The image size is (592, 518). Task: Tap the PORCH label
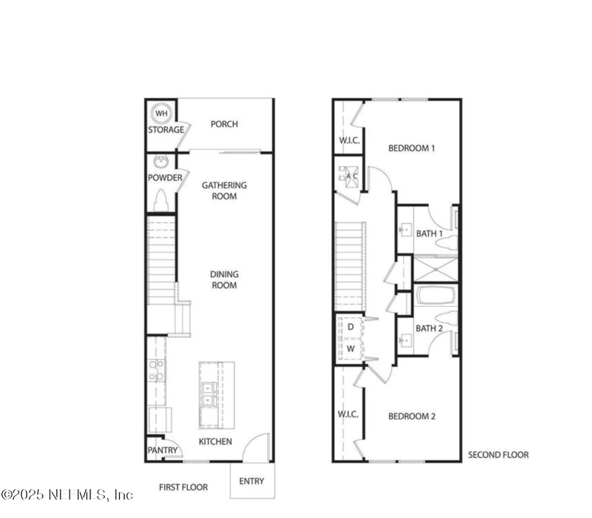(224, 124)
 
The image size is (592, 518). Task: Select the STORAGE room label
(165, 130)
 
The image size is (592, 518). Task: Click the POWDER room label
(165, 178)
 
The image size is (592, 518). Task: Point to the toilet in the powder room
(161, 201)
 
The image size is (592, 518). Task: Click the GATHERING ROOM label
(224, 190)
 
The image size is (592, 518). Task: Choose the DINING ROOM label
(224, 279)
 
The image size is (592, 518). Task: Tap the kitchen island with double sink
(216, 394)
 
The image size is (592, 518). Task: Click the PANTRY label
(162, 450)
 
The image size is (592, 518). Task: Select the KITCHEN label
(215, 442)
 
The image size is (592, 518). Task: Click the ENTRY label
(252, 481)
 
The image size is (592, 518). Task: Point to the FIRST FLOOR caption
(184, 487)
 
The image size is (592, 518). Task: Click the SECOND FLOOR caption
(498, 454)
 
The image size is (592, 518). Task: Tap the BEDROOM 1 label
(411, 148)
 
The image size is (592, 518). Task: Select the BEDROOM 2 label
(411, 416)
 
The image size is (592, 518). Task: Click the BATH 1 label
(428, 233)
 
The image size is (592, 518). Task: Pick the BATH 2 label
(428, 328)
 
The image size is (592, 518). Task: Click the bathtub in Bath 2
(435, 296)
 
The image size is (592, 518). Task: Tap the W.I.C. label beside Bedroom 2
(348, 414)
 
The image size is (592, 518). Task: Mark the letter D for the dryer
(351, 326)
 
